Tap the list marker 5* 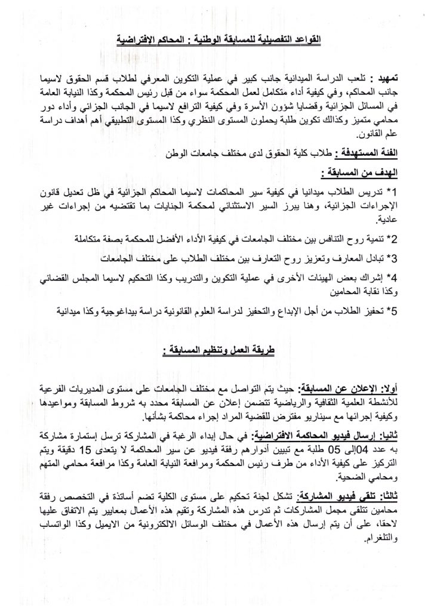pyautogui.click(x=392, y=311)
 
